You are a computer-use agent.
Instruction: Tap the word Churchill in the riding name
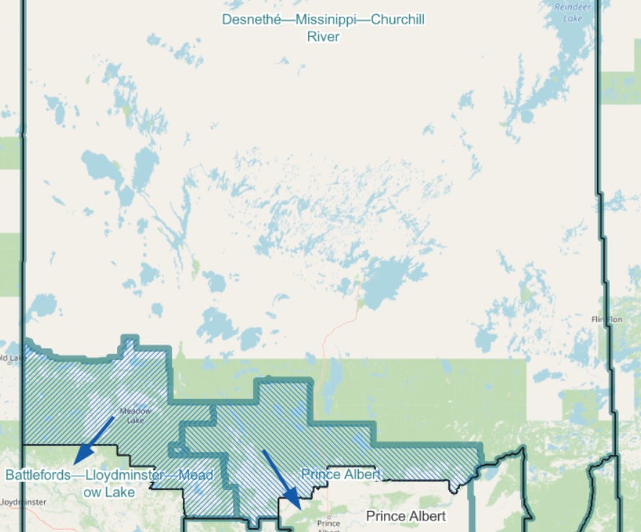pos(397,19)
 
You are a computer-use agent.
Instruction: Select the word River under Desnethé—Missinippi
pos(323,36)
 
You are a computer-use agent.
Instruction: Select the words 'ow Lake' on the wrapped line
pos(109,492)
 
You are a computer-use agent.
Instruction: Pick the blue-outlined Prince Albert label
pos(341,474)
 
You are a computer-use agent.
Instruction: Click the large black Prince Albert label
pos(406,516)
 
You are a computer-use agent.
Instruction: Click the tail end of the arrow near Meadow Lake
pos(113,417)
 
